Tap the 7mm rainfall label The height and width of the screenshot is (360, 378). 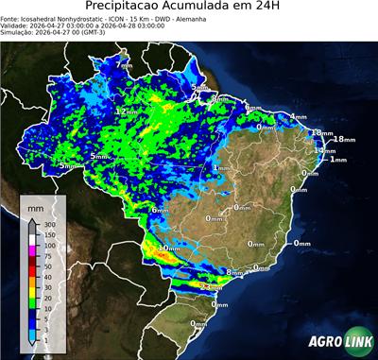(x=124, y=66)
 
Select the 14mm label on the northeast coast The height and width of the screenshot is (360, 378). (x=325, y=151)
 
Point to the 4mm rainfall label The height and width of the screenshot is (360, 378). (x=299, y=117)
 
